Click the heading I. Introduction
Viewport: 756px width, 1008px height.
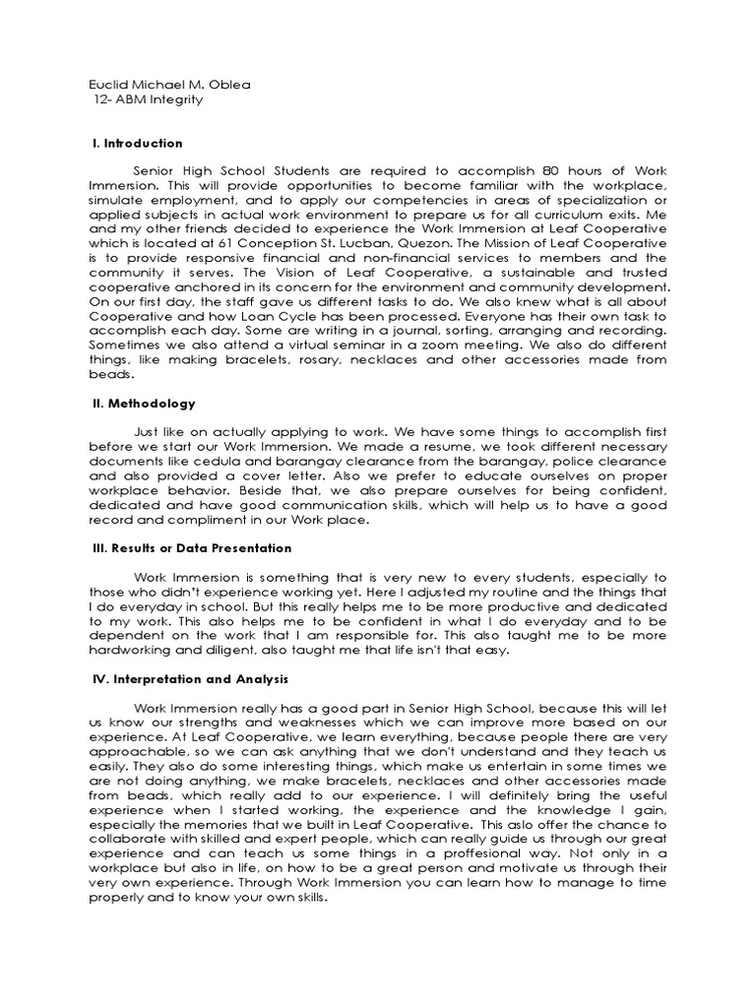(x=137, y=144)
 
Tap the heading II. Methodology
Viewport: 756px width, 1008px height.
(x=143, y=404)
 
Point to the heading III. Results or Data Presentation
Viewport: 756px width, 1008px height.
(x=192, y=548)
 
